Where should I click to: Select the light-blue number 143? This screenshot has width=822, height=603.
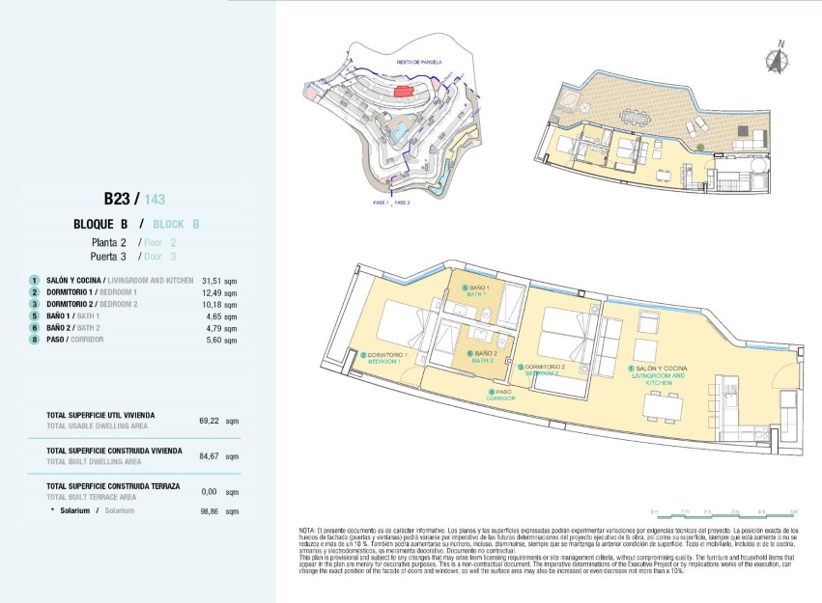pos(155,200)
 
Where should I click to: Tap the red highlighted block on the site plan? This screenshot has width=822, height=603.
pos(403,91)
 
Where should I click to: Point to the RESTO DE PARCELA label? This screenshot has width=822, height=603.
pos(418,62)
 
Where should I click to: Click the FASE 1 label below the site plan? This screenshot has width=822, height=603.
pos(380,204)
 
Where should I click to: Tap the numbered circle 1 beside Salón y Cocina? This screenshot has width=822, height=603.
pos(35,281)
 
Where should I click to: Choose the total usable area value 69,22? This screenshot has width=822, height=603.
pos(211,421)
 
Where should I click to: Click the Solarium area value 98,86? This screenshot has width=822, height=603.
pos(211,510)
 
